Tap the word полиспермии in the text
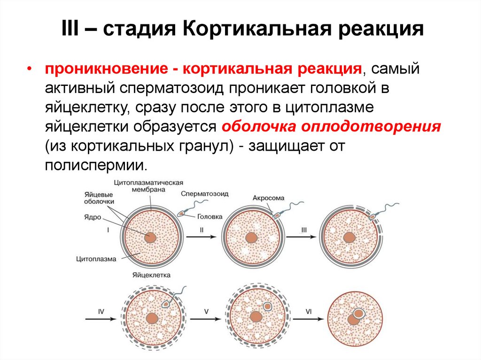click(96, 166)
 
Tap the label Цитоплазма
click(95, 258)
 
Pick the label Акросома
click(268, 198)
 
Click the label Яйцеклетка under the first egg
click(151, 275)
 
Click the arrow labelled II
click(202, 237)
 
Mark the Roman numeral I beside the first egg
click(109, 230)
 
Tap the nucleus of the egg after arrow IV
click(152, 319)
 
